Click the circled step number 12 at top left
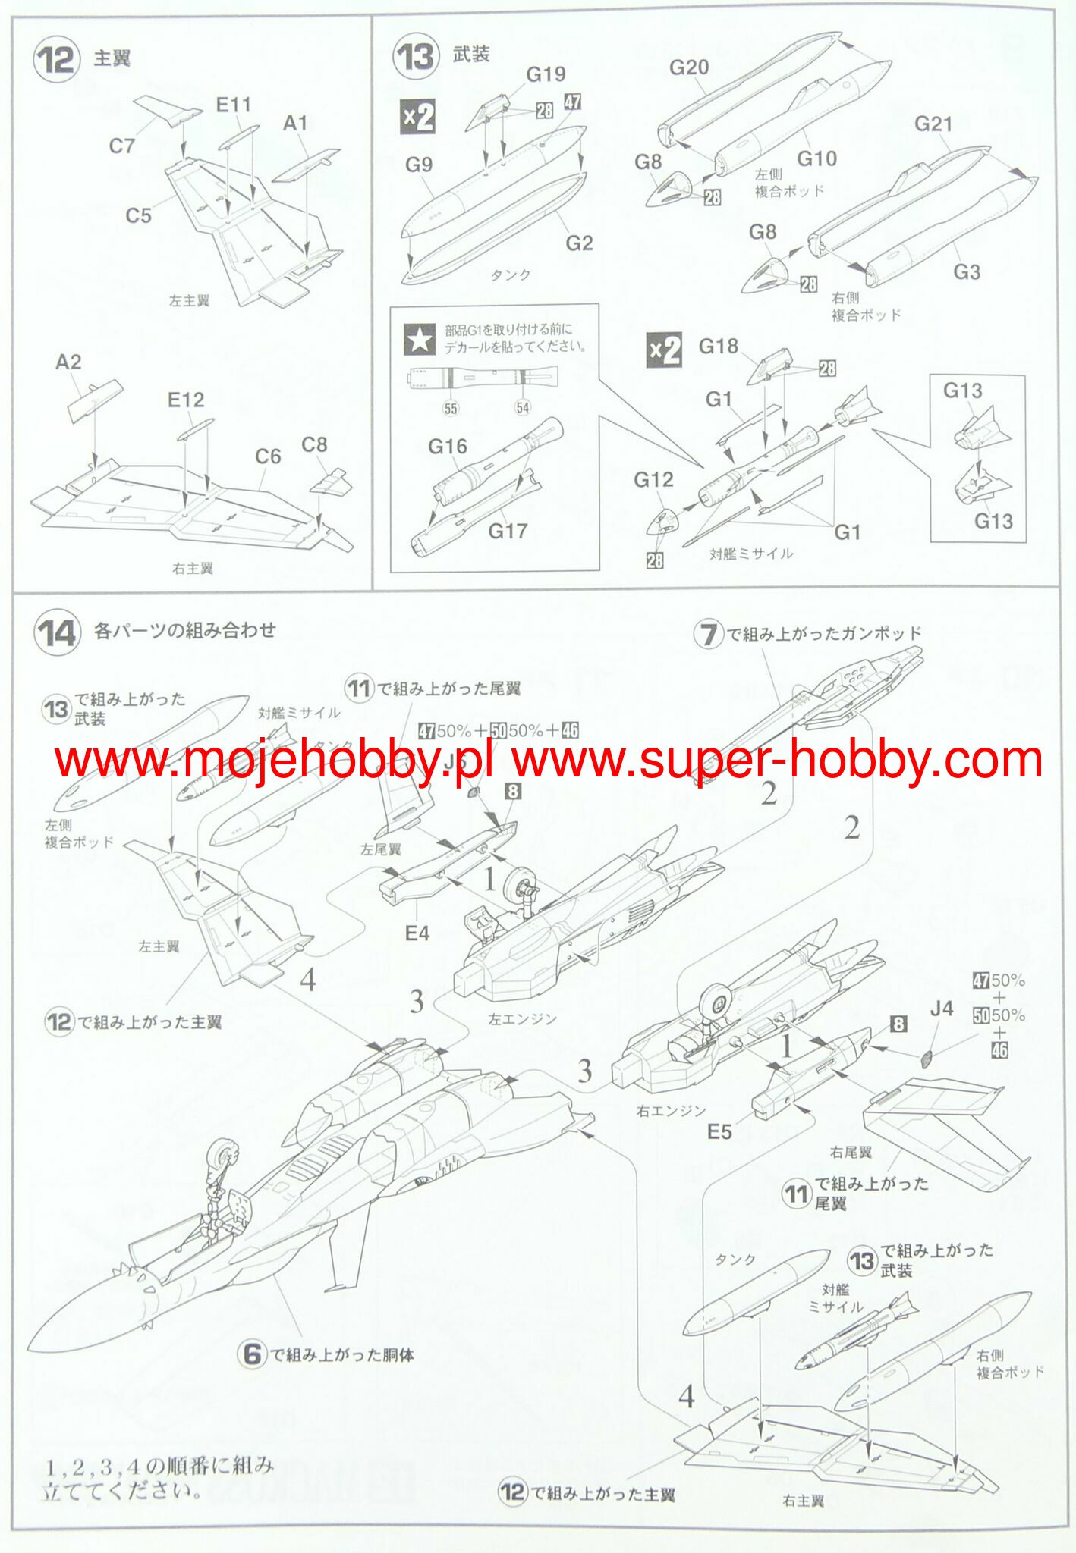pyautogui.click(x=56, y=59)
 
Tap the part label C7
pyautogui.click(x=121, y=146)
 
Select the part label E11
pyautogui.click(x=233, y=105)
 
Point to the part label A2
pyautogui.click(x=68, y=362)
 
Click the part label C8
pyautogui.click(x=314, y=445)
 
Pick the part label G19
pyautogui.click(x=546, y=74)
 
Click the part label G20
pyautogui.click(x=688, y=67)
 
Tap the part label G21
pyautogui.click(x=933, y=124)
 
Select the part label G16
pyautogui.click(x=447, y=447)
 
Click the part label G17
pyautogui.click(x=508, y=531)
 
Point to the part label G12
pyautogui.click(x=653, y=479)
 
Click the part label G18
pyautogui.click(x=718, y=347)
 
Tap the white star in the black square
pyautogui.click(x=420, y=339)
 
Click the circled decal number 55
pyautogui.click(x=451, y=408)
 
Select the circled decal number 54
pyautogui.click(x=523, y=407)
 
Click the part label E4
pyautogui.click(x=417, y=933)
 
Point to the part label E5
pyautogui.click(x=719, y=1132)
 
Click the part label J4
pyautogui.click(x=941, y=1009)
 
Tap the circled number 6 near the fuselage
pyautogui.click(x=253, y=1355)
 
